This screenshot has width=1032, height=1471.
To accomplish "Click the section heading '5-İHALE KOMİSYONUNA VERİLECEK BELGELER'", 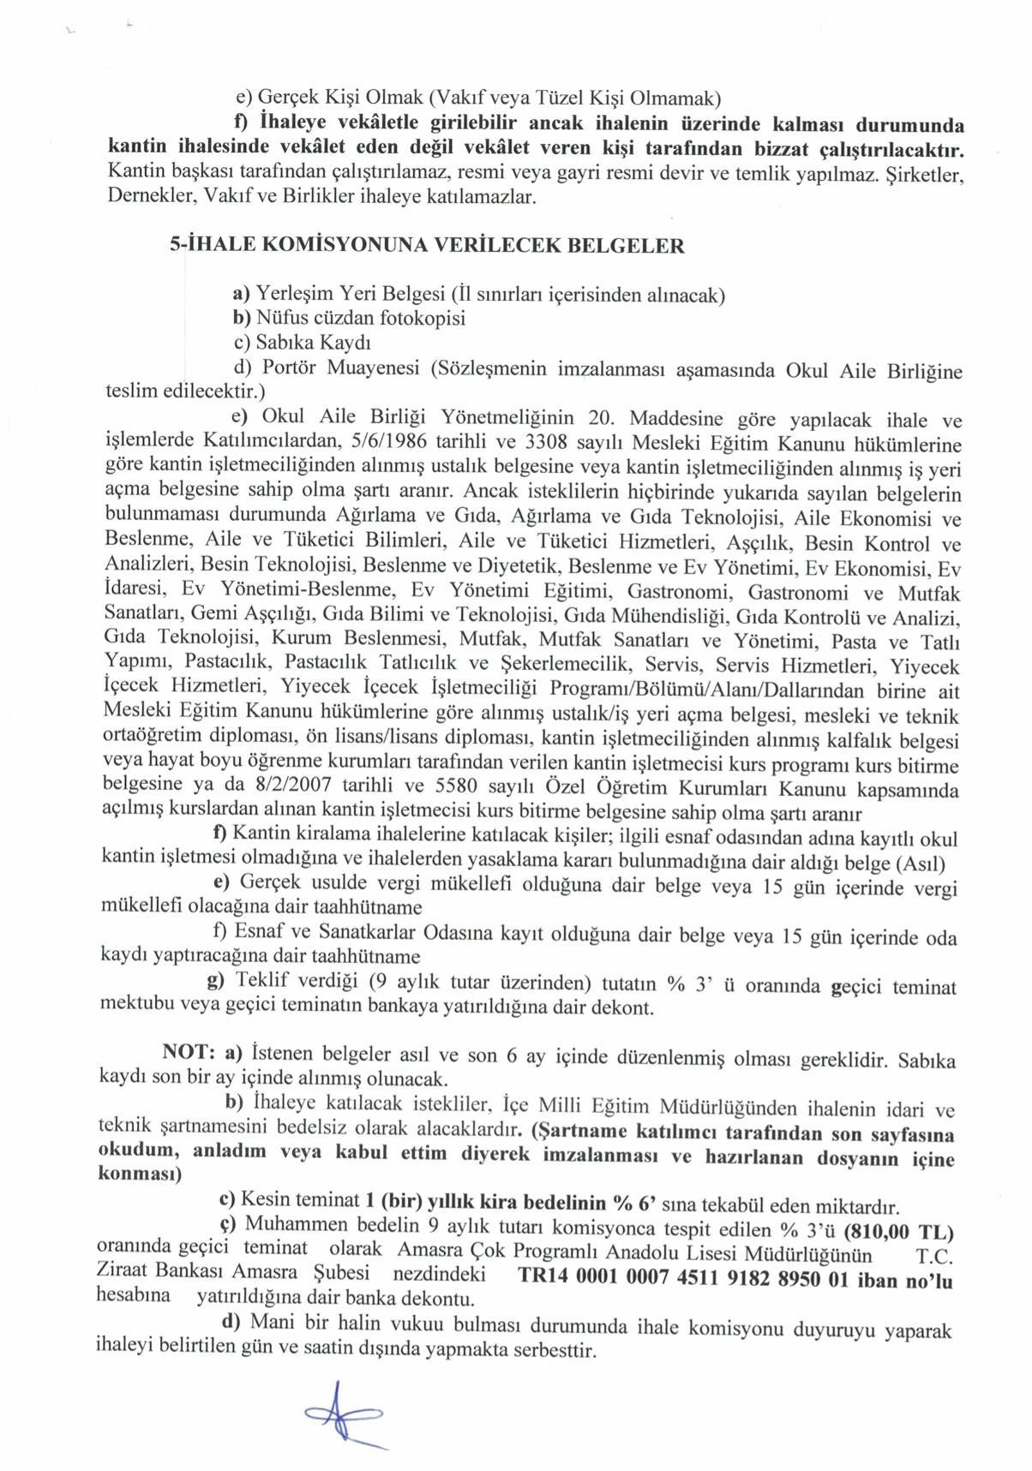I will click(x=427, y=246).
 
